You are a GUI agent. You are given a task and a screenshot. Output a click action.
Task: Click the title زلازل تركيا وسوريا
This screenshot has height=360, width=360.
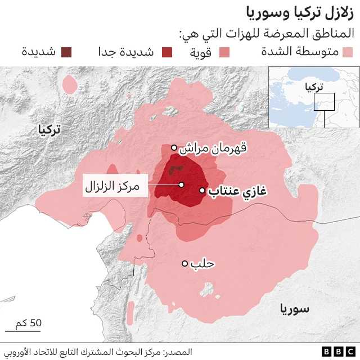301,12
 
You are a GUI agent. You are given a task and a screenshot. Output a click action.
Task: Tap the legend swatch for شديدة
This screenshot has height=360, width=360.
67,53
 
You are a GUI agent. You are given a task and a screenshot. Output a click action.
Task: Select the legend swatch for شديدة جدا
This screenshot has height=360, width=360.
167,53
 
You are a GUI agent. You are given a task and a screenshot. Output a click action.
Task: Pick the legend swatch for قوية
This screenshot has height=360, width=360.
224,53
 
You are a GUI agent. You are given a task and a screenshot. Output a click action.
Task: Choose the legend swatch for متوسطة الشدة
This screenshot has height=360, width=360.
347,53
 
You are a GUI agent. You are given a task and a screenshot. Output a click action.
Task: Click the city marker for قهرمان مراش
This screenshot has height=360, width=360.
174,148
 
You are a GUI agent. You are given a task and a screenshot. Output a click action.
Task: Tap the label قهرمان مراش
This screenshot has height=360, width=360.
213,148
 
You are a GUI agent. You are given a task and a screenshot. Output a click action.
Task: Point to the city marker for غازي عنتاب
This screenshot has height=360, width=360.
202,191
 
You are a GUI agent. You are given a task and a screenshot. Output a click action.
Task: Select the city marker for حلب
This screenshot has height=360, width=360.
184,263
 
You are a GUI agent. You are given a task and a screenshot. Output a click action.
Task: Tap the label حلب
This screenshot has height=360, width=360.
203,263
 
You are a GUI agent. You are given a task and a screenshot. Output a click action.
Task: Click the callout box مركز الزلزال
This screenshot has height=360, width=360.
115,185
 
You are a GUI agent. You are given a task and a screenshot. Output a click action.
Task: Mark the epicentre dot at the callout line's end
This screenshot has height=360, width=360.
182,184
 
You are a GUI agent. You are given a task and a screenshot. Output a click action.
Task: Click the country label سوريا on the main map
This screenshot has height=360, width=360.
294,308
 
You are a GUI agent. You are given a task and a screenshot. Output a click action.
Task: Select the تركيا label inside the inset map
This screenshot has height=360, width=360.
313,88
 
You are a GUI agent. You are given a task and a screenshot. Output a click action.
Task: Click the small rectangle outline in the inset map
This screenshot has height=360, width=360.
325,102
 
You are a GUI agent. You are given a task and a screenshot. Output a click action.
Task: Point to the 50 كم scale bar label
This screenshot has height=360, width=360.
29,323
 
